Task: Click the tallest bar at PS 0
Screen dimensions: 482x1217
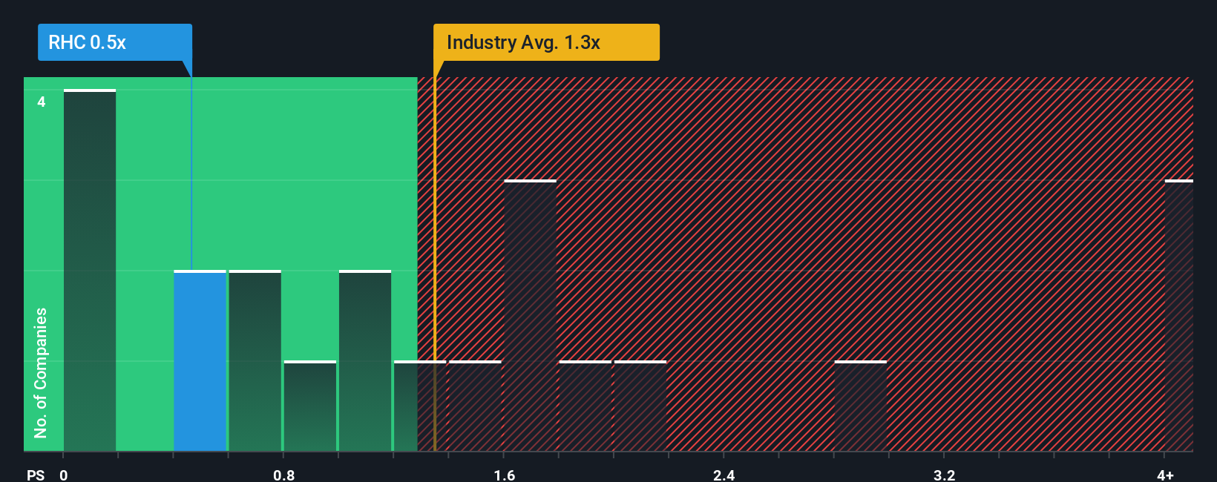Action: pos(90,271)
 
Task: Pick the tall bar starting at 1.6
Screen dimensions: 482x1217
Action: pos(530,316)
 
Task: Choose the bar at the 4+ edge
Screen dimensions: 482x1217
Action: pos(1178,316)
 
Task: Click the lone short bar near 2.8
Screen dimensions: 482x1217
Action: pos(861,406)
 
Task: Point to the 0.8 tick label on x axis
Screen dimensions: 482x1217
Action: pos(283,475)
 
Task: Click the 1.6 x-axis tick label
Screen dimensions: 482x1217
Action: pos(504,475)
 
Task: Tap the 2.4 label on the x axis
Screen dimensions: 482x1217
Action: pos(724,475)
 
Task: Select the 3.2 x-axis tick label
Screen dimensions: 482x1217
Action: pos(944,475)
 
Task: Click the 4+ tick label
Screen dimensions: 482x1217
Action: pos(1165,475)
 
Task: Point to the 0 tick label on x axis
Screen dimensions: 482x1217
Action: pos(64,475)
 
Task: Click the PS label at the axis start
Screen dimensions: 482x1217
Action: pos(36,475)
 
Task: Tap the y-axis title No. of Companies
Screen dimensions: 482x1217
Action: pos(41,372)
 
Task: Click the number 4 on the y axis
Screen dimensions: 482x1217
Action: pos(42,102)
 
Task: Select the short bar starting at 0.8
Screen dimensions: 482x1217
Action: pos(310,406)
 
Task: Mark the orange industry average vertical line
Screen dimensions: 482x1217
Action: pos(435,260)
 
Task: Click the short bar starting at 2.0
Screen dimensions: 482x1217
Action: pos(640,406)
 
